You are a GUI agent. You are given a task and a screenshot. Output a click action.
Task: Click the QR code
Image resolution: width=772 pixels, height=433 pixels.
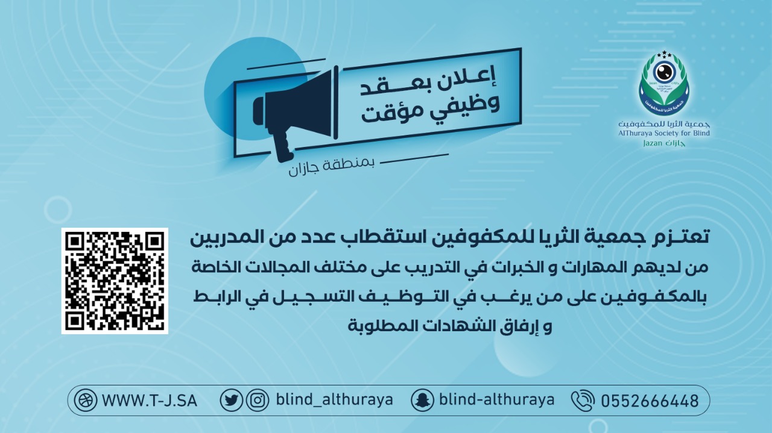pyautogui.click(x=115, y=281)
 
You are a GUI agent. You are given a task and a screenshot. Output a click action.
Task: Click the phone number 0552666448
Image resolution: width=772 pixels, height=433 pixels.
pyautogui.click(x=650, y=401)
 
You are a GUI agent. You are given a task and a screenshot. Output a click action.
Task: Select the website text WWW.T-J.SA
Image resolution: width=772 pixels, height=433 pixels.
pyautogui.click(x=149, y=401)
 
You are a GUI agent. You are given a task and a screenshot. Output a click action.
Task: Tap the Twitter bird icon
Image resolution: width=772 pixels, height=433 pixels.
pyautogui.click(x=231, y=400)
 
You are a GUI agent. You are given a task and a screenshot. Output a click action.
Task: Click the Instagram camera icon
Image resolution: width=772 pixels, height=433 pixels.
pyautogui.click(x=258, y=400)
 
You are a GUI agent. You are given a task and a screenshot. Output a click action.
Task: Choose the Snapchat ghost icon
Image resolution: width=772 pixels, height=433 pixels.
pyautogui.click(x=422, y=400)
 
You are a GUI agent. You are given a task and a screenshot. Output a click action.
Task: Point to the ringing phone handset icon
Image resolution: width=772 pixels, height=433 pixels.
pyautogui.click(x=583, y=400)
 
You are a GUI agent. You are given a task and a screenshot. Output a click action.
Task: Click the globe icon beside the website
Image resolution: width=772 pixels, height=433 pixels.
pyautogui.click(x=86, y=400)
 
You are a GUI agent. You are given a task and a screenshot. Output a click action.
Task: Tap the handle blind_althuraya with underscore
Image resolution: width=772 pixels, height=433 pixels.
pyautogui.click(x=334, y=400)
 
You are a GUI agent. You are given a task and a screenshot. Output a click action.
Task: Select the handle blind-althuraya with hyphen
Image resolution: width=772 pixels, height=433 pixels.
pyautogui.click(x=496, y=400)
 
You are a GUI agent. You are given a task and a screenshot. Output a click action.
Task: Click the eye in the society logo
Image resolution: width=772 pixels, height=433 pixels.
pyautogui.click(x=664, y=72)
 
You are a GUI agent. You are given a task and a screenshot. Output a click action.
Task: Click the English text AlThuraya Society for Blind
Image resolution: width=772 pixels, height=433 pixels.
pyautogui.click(x=664, y=133)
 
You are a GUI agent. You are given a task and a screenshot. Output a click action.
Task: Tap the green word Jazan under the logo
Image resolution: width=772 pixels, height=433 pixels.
pyautogui.click(x=653, y=143)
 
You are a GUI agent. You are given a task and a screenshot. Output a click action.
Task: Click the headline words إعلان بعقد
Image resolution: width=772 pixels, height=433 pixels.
pyautogui.click(x=428, y=83)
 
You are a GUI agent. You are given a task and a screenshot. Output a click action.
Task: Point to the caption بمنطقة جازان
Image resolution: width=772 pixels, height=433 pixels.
pyautogui.click(x=331, y=167)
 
